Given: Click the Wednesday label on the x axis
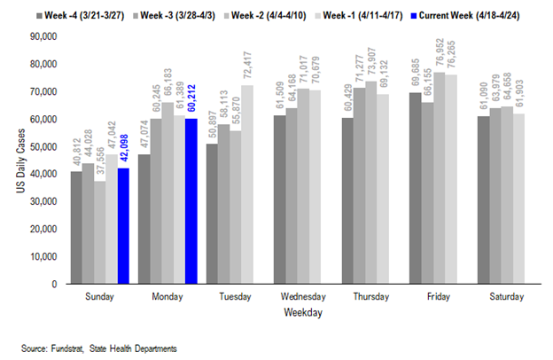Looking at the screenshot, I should coord(297,298).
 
